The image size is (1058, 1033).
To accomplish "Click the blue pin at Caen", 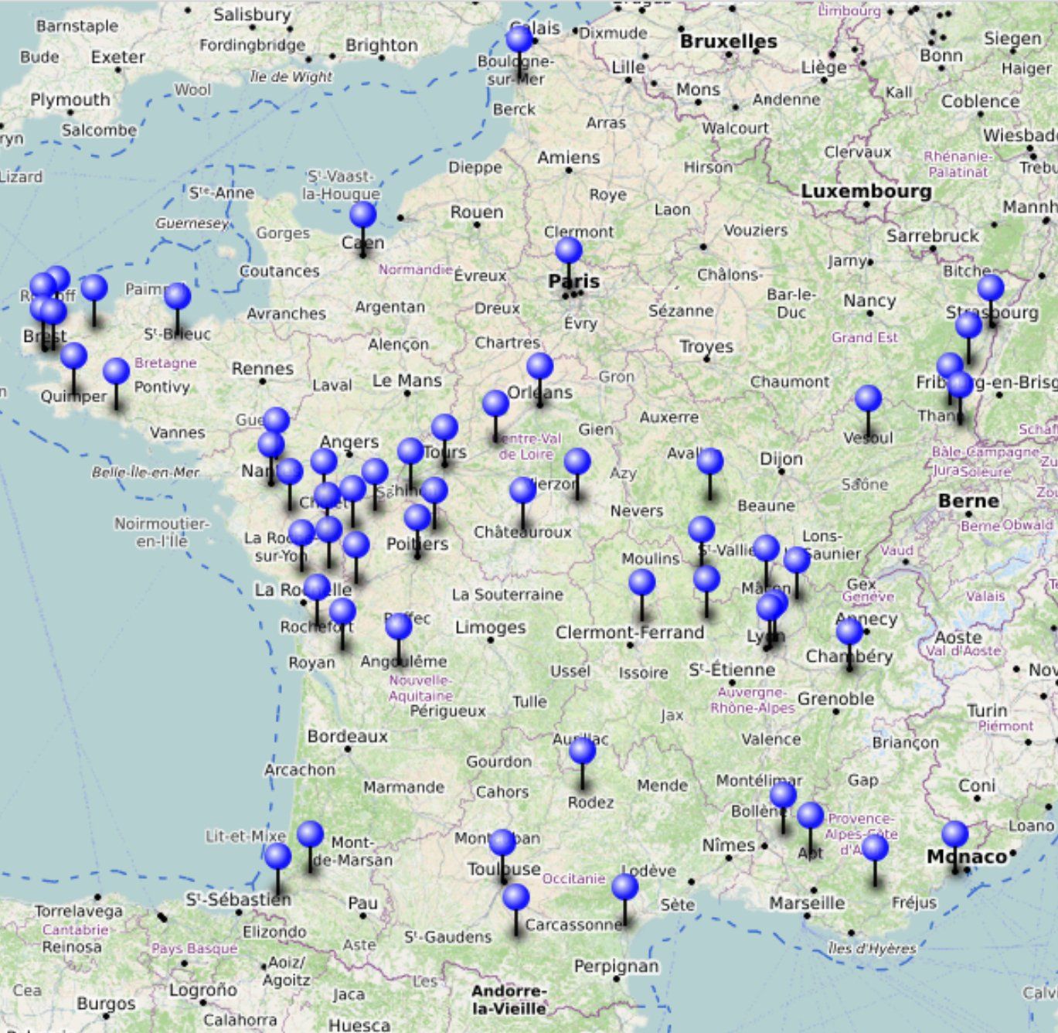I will click(x=362, y=215).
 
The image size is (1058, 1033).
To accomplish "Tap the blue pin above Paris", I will click(x=568, y=251).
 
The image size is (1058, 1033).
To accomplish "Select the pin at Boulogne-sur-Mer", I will click(x=519, y=39).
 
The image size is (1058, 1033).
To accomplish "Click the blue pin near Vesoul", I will click(x=868, y=399).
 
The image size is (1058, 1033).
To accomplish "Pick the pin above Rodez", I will click(x=582, y=750).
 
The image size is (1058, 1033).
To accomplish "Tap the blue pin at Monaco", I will click(x=954, y=834).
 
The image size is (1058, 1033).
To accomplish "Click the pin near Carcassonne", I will click(x=515, y=898).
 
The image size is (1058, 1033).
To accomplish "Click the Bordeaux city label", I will click(x=347, y=736).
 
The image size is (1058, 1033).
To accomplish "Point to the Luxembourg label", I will click(x=866, y=191).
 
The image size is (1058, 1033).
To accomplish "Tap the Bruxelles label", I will click(x=728, y=42).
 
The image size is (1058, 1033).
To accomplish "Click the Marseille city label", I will click(x=807, y=903).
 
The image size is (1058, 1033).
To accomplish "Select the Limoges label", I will click(x=490, y=627).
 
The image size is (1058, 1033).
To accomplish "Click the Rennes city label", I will click(x=262, y=369).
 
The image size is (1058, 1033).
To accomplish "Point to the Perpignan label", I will click(x=616, y=966).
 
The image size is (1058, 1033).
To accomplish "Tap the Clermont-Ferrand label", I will click(x=630, y=632).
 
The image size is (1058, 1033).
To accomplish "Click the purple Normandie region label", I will click(x=414, y=269).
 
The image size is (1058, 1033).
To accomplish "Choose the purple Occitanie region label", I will click(x=573, y=878).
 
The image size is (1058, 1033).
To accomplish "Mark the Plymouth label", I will click(x=70, y=100).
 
